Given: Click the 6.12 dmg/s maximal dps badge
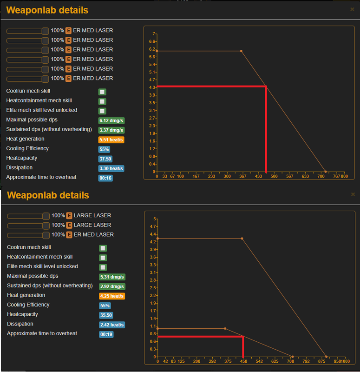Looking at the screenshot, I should click(111, 120).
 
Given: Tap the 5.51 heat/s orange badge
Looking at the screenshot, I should click(111, 139).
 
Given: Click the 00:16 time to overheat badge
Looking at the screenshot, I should click(105, 178).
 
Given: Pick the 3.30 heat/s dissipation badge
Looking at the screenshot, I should click(111, 168).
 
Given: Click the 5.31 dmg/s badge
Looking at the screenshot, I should click(112, 277).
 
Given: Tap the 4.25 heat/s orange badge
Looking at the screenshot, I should click(112, 296).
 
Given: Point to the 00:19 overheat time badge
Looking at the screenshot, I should click(106, 334).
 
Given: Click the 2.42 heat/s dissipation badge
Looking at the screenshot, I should click(112, 325).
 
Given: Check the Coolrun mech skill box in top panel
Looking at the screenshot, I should click(102, 92).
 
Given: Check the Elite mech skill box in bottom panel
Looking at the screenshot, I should click(103, 267).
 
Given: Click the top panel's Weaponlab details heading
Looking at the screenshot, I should click(47, 10).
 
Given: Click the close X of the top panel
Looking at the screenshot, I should click(352, 9).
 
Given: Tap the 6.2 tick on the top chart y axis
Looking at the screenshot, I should click(152, 49).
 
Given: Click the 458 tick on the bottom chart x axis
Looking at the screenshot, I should click(243, 361).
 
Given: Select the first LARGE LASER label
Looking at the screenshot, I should click(92, 215).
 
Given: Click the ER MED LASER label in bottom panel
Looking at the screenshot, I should click(93, 234).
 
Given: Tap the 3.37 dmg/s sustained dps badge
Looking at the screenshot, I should click(111, 130).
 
